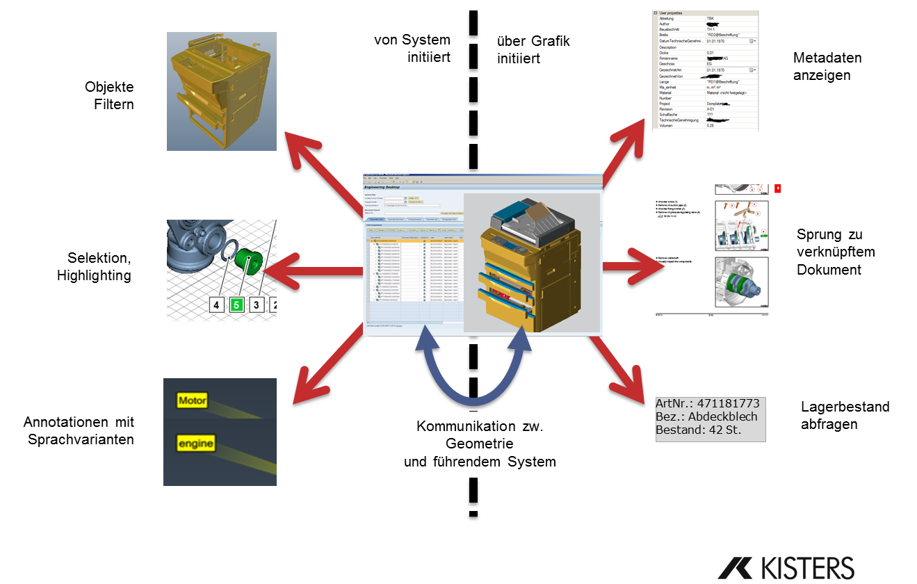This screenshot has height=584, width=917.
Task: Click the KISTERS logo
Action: [x=786, y=567]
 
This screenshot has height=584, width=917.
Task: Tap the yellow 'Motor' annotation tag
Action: [x=193, y=400]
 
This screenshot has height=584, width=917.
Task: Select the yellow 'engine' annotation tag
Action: [x=195, y=444]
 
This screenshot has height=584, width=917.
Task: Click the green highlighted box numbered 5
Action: [x=237, y=305]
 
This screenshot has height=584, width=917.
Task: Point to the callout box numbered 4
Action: [x=217, y=305]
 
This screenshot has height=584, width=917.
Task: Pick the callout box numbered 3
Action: [x=257, y=305]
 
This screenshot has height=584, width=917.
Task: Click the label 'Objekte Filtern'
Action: [x=109, y=96]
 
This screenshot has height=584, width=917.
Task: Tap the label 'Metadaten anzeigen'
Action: [x=827, y=66]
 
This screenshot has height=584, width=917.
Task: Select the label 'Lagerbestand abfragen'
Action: [x=845, y=415]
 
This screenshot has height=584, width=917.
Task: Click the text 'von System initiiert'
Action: [x=412, y=49]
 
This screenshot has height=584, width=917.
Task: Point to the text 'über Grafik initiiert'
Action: [x=533, y=49]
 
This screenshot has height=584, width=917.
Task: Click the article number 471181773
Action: [x=728, y=403]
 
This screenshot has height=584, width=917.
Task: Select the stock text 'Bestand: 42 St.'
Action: [x=698, y=430]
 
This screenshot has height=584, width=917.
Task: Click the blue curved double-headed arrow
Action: [x=476, y=375]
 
